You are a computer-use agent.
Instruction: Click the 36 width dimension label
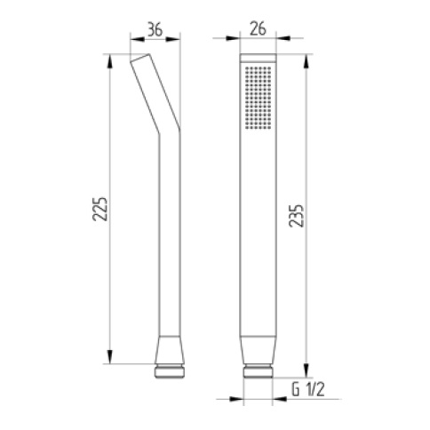(x=155, y=30)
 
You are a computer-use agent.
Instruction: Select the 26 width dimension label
(x=258, y=29)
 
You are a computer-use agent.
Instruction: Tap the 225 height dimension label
(x=100, y=209)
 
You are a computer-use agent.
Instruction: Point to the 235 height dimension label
(x=296, y=215)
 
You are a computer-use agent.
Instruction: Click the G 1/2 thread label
(x=308, y=389)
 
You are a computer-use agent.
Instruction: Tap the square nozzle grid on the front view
(x=259, y=98)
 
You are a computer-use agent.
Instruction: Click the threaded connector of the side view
(x=170, y=370)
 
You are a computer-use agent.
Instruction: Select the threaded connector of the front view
(x=258, y=371)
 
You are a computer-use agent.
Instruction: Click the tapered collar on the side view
(x=170, y=350)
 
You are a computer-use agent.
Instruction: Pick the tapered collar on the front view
(x=258, y=350)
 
